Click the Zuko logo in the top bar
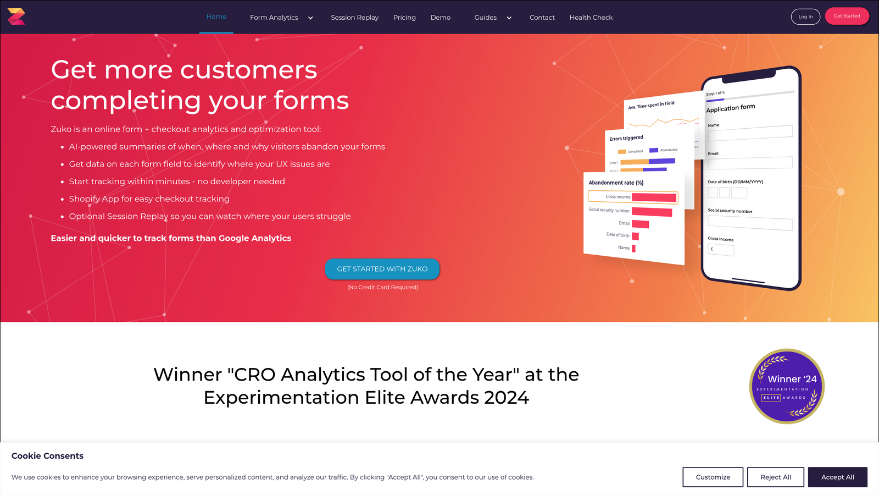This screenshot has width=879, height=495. click(16, 16)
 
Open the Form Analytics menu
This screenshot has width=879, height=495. click(281, 18)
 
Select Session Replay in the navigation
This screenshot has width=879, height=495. click(354, 18)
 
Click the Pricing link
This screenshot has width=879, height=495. click(404, 18)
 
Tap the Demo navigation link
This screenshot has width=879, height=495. click(440, 18)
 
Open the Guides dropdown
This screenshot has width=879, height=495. click(492, 18)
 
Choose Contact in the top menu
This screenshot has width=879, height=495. click(542, 18)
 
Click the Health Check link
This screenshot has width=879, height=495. click(591, 18)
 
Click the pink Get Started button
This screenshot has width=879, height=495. click(847, 16)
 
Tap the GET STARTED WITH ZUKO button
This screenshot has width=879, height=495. click(382, 269)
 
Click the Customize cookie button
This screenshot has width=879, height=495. click(713, 477)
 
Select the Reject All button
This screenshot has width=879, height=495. click(775, 477)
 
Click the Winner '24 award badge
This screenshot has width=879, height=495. click(787, 386)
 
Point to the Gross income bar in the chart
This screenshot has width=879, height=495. click(654, 197)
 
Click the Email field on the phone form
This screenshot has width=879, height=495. click(750, 163)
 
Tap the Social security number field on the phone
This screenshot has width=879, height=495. click(750, 222)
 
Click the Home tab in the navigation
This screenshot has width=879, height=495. click(216, 17)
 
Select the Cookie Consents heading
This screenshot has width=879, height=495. click(48, 456)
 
